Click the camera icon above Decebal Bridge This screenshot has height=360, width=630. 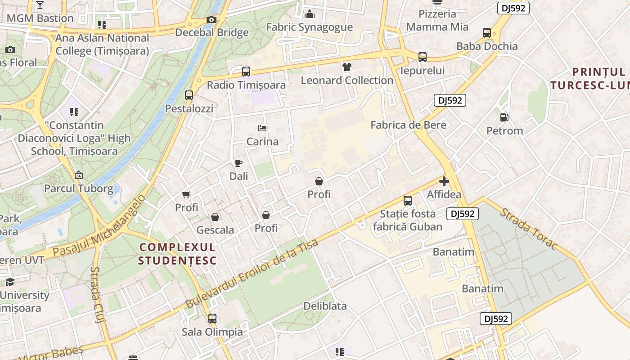tap(211, 19)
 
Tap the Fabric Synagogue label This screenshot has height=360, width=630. tap(310, 27)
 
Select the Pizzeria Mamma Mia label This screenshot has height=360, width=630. tap(437, 21)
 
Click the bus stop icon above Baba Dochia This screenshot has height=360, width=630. tap(487, 32)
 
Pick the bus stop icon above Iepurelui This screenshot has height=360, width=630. tap(422, 57)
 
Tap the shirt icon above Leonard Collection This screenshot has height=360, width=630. tap(346, 67)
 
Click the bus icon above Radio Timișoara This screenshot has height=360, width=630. tap(246, 71)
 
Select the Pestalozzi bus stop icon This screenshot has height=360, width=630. tap(189, 95)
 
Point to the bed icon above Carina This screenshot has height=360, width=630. tap(262, 128)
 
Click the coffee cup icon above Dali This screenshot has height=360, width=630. tap(238, 163)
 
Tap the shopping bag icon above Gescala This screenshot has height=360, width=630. tap(215, 217)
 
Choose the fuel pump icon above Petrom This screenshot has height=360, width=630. tap(504, 117)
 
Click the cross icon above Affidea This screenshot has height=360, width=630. tap(444, 181)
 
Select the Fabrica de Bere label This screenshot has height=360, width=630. tap(408, 125)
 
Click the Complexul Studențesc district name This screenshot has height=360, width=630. tap(177, 254)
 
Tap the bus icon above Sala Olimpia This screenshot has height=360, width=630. tap(212, 319)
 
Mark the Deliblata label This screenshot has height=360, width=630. tap(325, 306)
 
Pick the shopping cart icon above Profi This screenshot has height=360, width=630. tap(186, 194)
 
